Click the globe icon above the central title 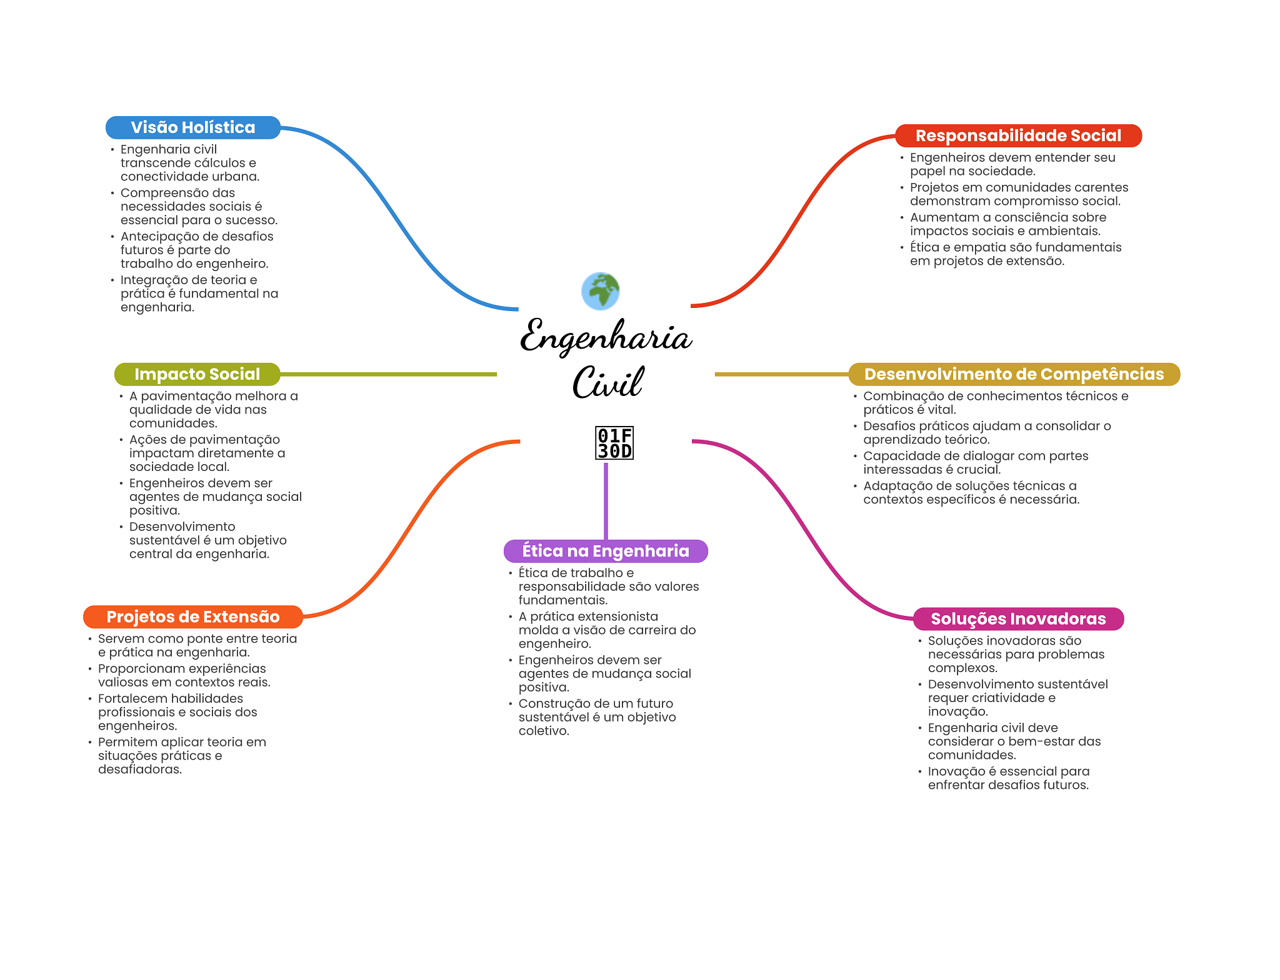pos(600,291)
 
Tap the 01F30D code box pos(614,443)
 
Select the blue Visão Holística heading pos(192,127)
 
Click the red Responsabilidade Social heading pos(1018,136)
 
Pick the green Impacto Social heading pos(197,374)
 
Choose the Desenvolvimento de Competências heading pos(1014,374)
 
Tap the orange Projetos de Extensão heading pos(192,617)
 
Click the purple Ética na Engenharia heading pos(606,551)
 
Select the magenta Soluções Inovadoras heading pos(1018,619)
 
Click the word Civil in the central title pos(607,382)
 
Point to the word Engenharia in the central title pos(606,337)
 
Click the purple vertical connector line pos(606,500)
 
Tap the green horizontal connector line pos(387,374)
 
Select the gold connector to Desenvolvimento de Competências pos(781,374)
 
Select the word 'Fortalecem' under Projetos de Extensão pos(132,698)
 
